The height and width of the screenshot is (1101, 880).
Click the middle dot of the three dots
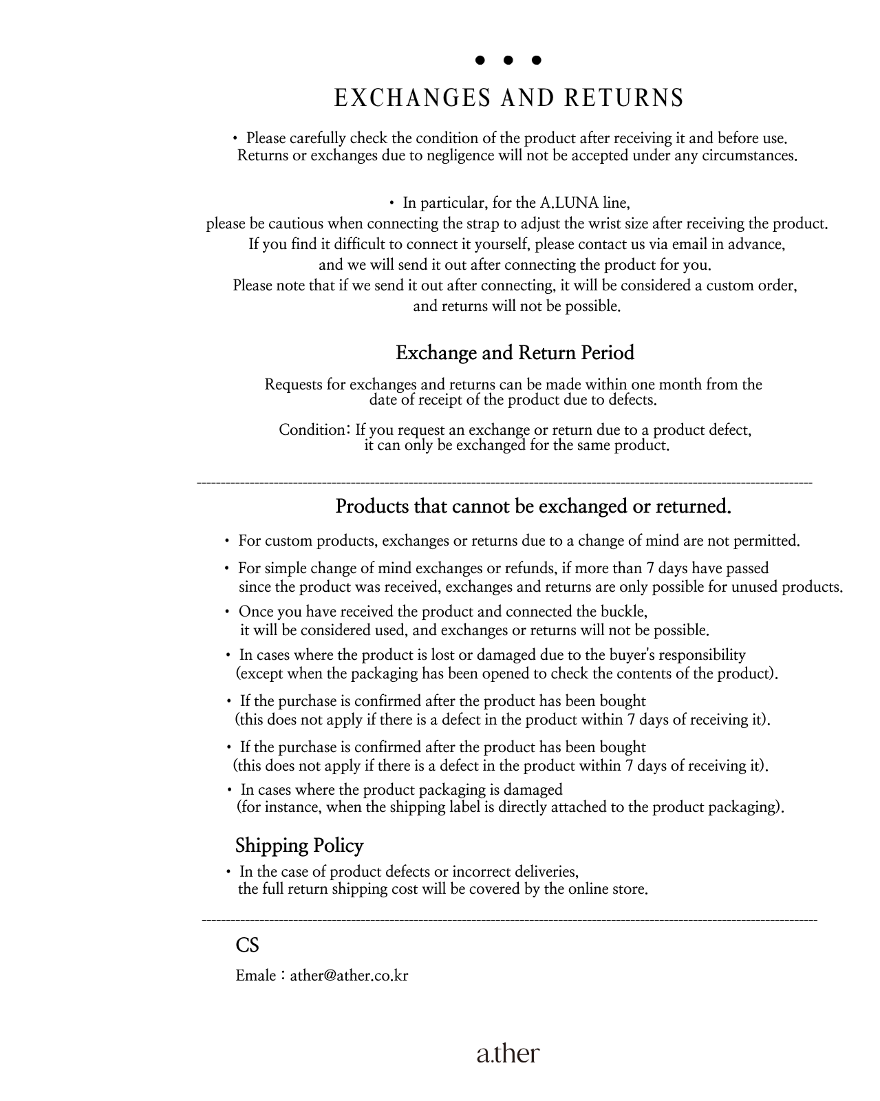[508, 61]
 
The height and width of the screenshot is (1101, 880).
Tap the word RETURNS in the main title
[624, 98]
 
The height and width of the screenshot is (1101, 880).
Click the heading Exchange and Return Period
[515, 353]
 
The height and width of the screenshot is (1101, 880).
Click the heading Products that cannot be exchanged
[533, 507]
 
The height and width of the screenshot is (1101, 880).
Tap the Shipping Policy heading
[299, 845]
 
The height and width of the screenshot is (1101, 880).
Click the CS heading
[247, 945]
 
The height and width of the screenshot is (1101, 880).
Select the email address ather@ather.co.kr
[349, 976]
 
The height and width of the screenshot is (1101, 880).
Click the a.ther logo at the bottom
[508, 1053]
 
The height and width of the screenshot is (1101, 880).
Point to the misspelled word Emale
[255, 976]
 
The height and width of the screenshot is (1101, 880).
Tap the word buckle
[625, 612]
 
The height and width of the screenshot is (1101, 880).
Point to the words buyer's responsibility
[679, 655]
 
